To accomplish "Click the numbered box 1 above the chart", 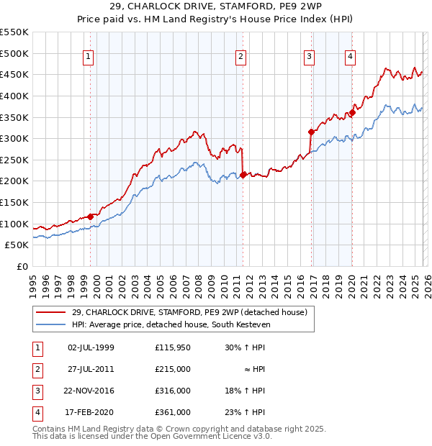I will tap(88, 57).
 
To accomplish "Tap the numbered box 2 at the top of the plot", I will tap(240, 57).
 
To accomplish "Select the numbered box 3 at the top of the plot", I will tap(308, 57).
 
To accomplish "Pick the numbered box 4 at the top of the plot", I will tap(350, 57).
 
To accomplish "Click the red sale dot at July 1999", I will tap(91, 217).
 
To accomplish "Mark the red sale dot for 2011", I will tap(243, 174).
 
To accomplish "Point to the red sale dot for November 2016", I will tap(311, 132).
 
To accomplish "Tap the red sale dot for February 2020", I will tap(353, 112).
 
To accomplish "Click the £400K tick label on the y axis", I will tap(14, 96).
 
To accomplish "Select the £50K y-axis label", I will tap(17, 245).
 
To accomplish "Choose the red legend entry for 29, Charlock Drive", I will tap(189, 312).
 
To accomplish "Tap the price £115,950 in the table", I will tap(173, 347).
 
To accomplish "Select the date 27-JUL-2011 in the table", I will tap(91, 369).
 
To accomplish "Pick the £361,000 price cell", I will tap(173, 412).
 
